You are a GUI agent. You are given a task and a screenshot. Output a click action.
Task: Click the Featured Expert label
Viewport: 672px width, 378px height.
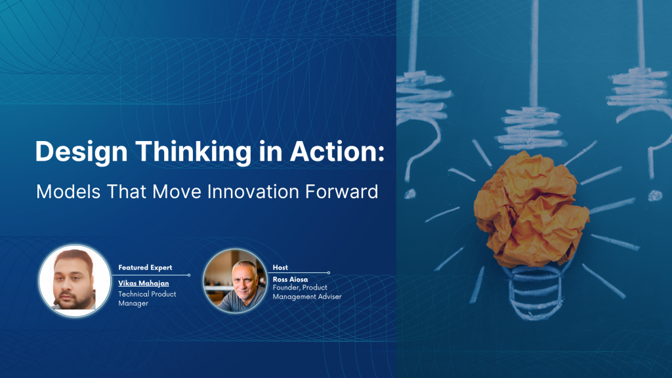click(145, 268)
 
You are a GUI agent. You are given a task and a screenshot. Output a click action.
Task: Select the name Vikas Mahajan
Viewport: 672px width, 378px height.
click(144, 283)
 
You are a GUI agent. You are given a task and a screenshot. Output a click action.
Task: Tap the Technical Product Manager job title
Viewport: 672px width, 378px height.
click(147, 299)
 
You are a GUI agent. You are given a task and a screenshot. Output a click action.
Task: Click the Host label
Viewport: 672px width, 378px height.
click(280, 267)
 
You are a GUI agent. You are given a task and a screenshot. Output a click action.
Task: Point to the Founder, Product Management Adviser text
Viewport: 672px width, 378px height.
click(306, 292)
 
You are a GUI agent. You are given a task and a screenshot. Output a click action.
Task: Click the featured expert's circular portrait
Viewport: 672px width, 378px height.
click(73, 280)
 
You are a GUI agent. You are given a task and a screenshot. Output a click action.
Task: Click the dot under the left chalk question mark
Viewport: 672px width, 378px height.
click(410, 194)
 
